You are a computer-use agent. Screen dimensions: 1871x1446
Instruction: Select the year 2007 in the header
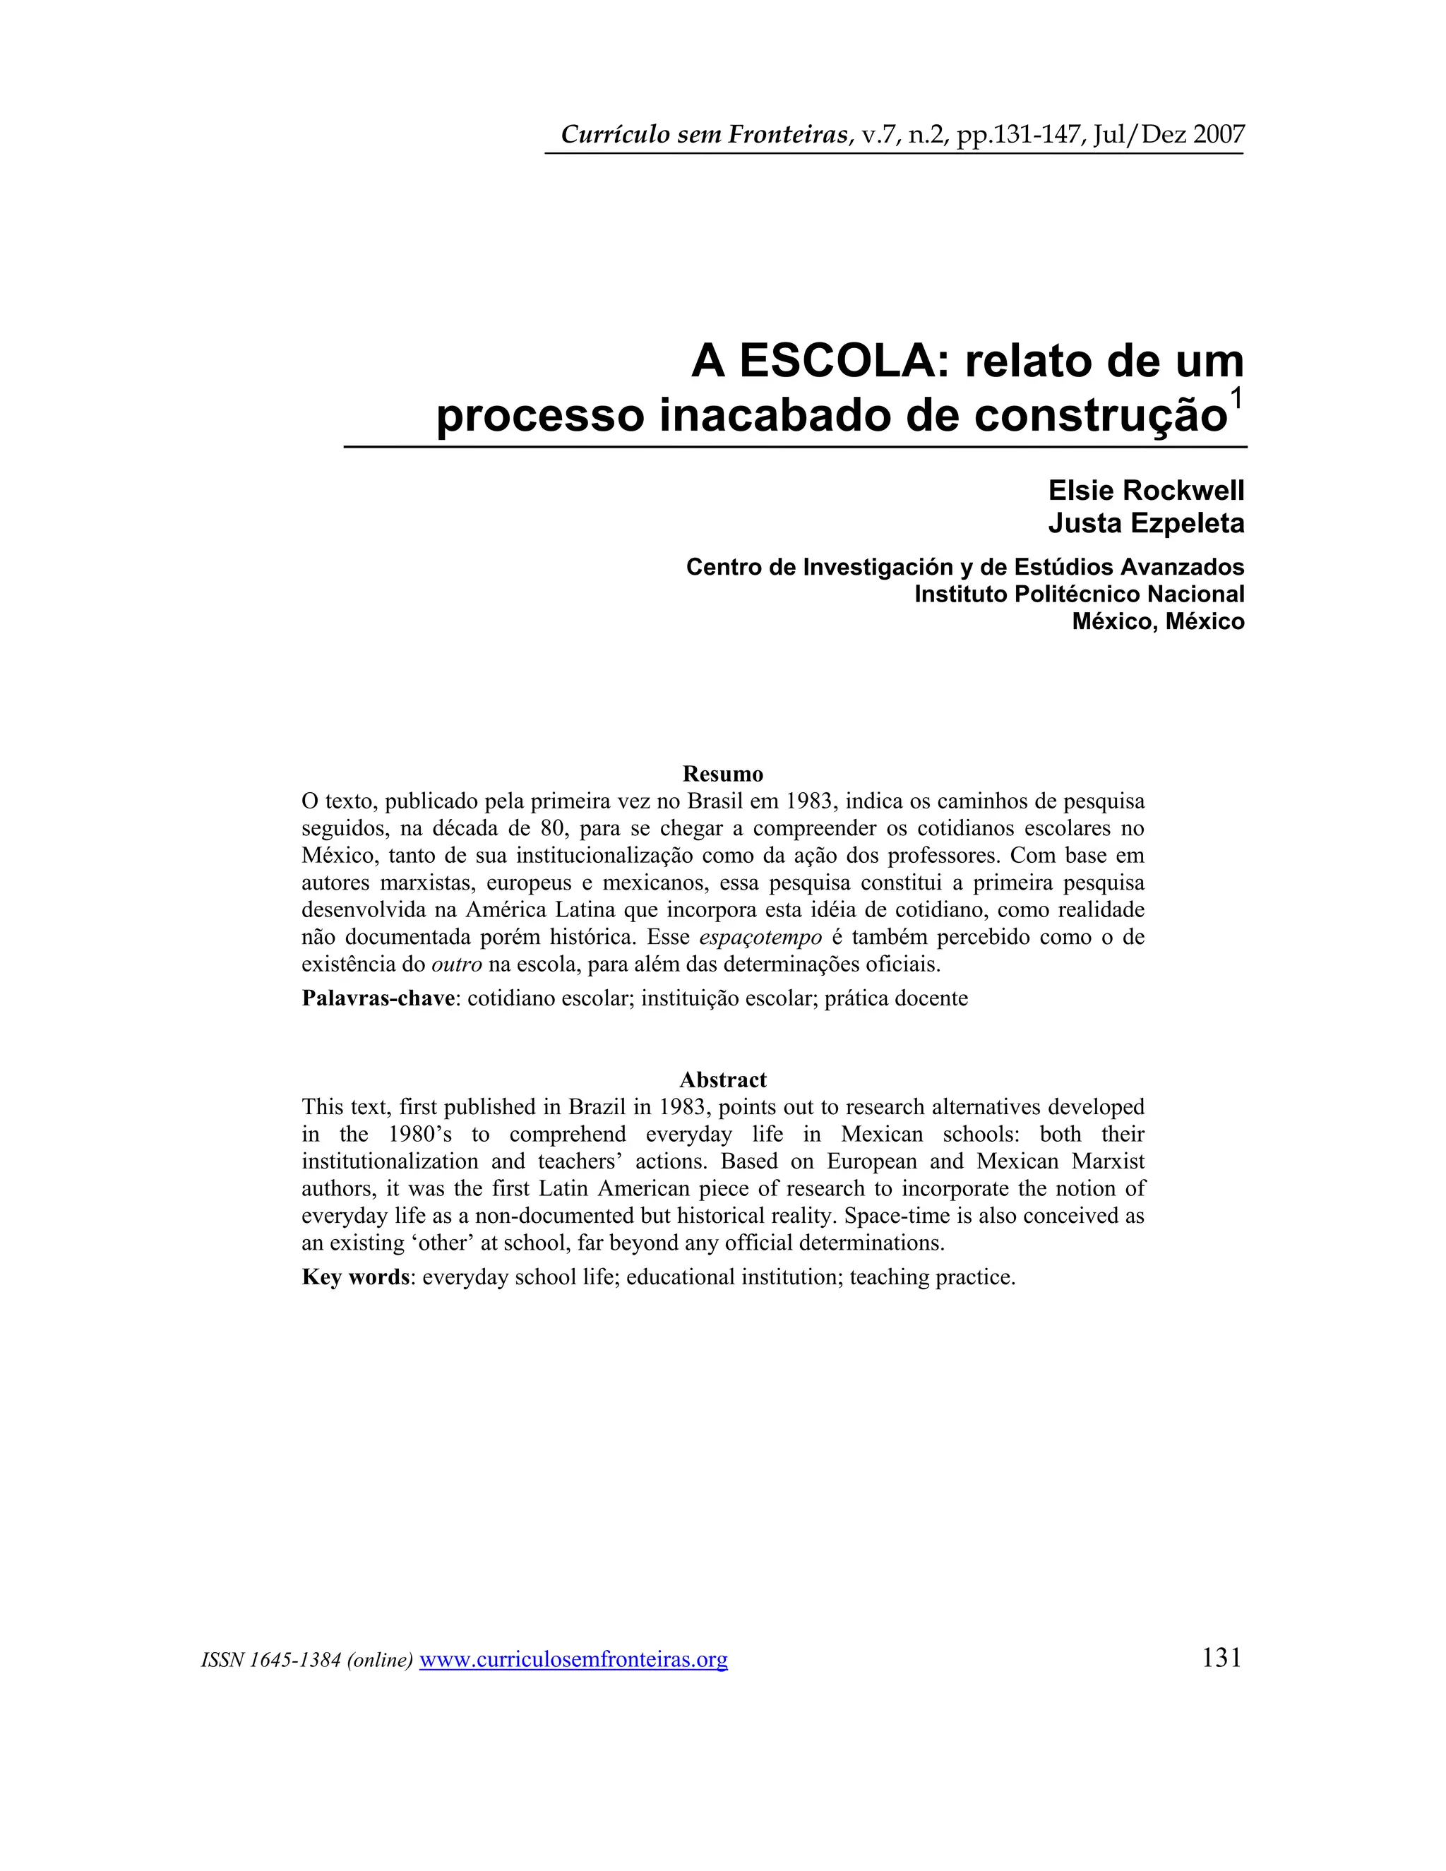(1218, 134)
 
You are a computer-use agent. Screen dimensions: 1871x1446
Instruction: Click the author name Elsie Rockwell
(1145, 491)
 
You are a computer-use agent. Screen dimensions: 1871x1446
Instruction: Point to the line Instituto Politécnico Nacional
(1079, 594)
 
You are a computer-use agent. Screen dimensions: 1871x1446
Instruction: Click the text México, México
(1157, 621)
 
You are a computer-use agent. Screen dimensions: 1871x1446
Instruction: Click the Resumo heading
(722, 774)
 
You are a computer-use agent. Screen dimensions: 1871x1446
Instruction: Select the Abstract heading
(722, 1080)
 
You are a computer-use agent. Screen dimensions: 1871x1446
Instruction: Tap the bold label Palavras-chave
(378, 998)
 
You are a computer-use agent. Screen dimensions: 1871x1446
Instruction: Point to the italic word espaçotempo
(760, 936)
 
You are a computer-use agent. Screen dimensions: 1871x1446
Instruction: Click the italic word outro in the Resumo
(457, 964)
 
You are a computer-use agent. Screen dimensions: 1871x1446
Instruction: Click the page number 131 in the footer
(1221, 1658)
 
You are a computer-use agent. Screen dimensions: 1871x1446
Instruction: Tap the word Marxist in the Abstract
(1106, 1161)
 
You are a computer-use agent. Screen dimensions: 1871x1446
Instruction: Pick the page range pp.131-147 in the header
(1021, 134)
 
